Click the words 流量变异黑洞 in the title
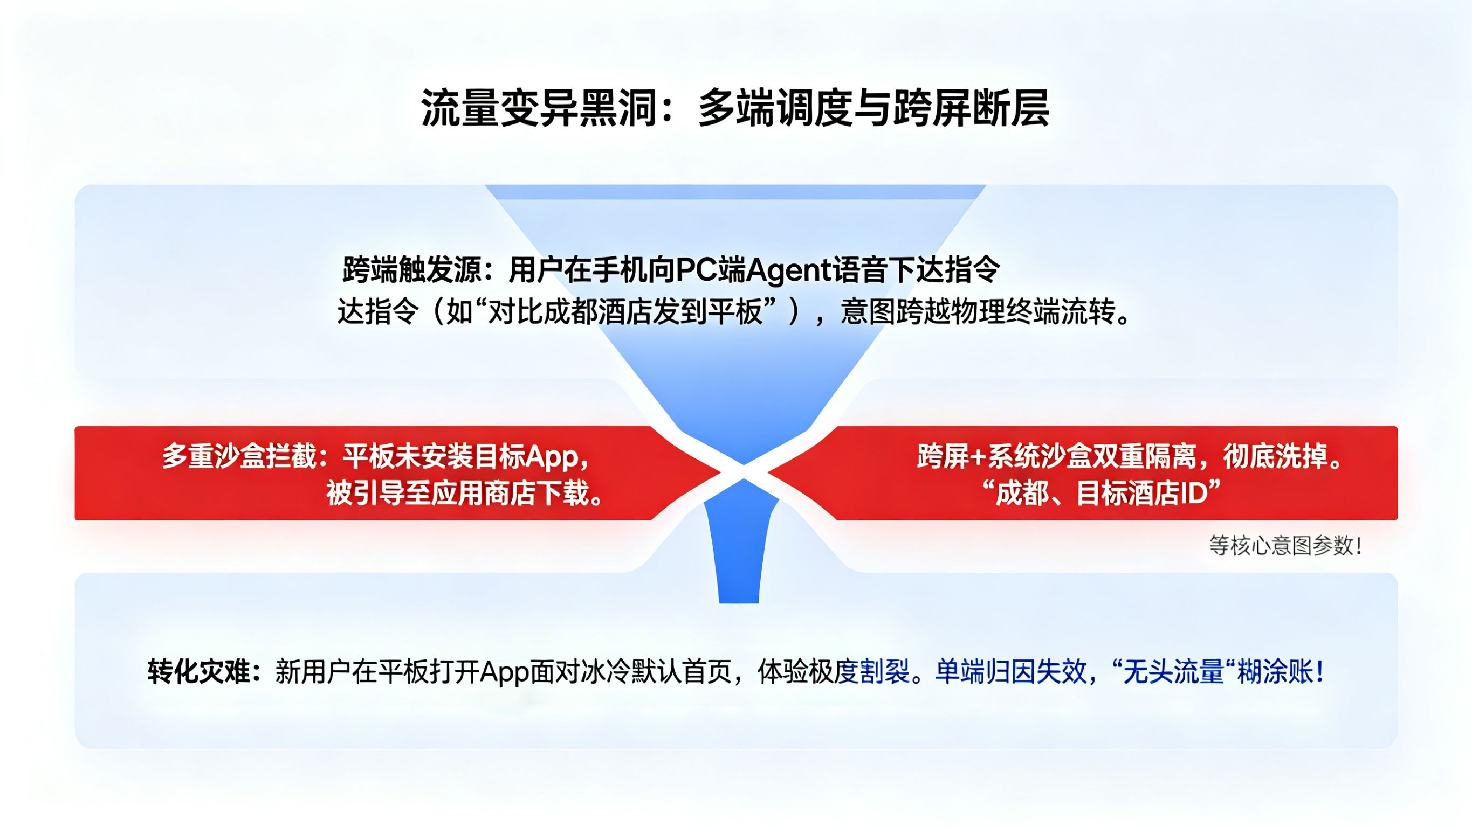point(537,108)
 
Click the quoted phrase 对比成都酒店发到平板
point(625,313)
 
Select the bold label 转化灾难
point(199,672)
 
